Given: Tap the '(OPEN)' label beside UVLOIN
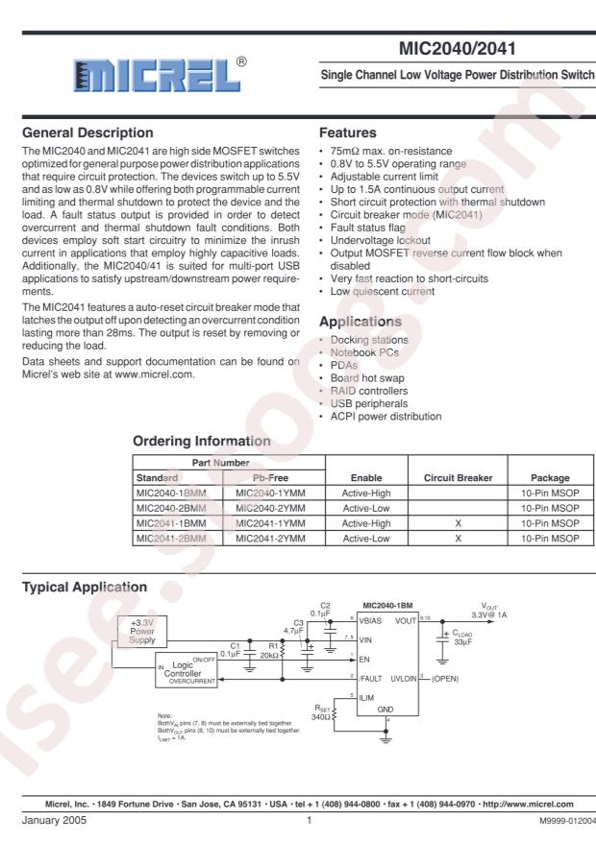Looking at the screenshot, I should tap(450, 678).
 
